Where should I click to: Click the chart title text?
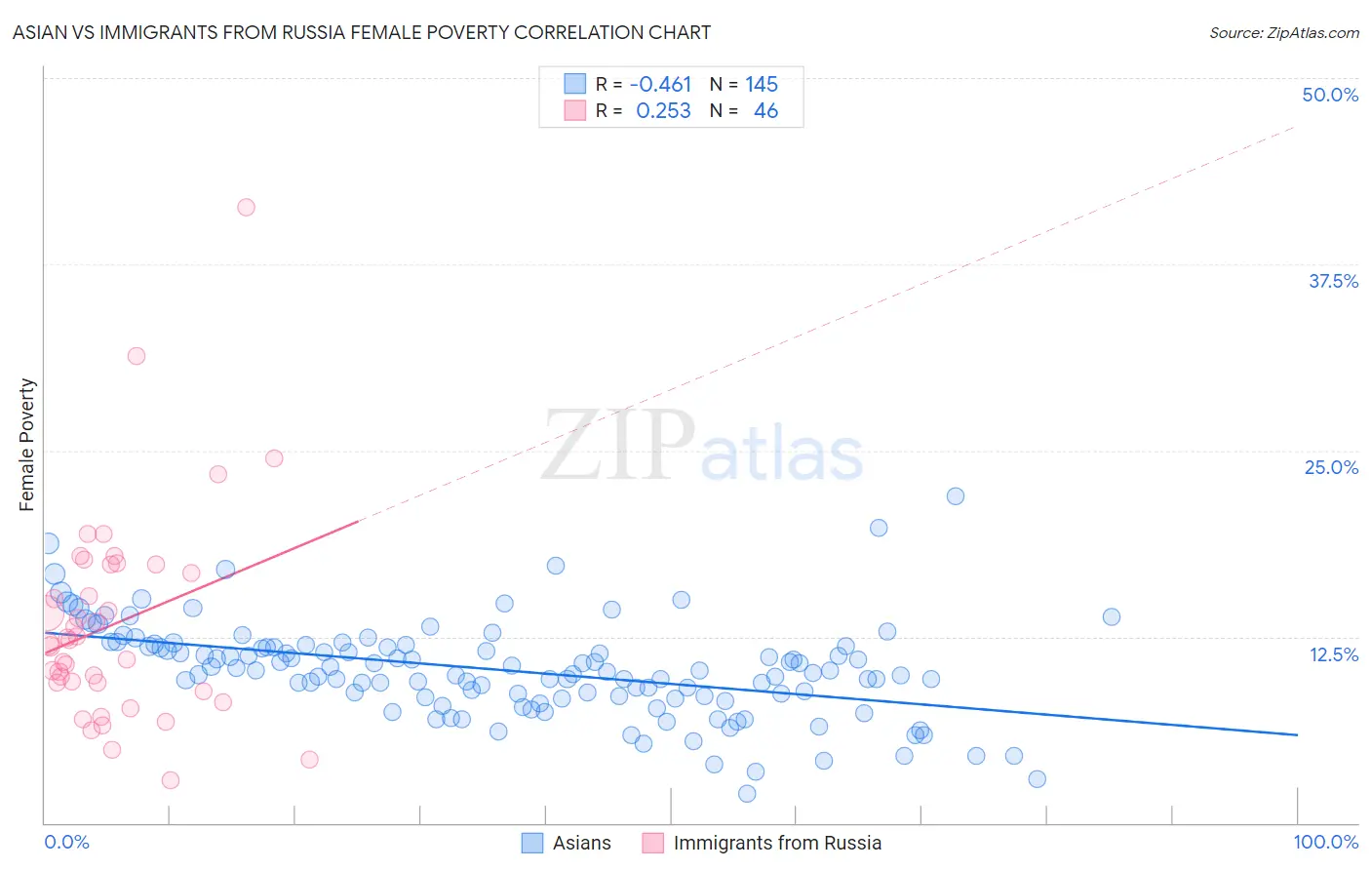[x=362, y=32]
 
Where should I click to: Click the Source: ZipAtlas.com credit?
[x=1283, y=32]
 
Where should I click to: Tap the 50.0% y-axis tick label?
[x=1330, y=95]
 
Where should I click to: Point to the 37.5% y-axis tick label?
[x=1333, y=281]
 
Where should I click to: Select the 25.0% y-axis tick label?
[x=1331, y=467]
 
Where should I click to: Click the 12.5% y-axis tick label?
[x=1333, y=654]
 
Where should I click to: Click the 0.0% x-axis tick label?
[x=66, y=842]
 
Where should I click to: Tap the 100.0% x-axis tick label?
[x=1325, y=842]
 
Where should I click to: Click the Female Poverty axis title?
[x=27, y=445]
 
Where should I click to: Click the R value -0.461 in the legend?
[x=660, y=84]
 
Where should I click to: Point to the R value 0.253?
[x=663, y=111]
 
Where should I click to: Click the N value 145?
[x=762, y=84]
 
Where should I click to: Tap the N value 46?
[x=765, y=111]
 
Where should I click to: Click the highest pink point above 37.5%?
[x=247, y=207]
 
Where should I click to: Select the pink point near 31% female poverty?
[x=137, y=356]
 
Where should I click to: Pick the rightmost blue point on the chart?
[x=1112, y=616]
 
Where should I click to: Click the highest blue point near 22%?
[x=956, y=495]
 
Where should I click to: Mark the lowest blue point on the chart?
[x=747, y=794]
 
